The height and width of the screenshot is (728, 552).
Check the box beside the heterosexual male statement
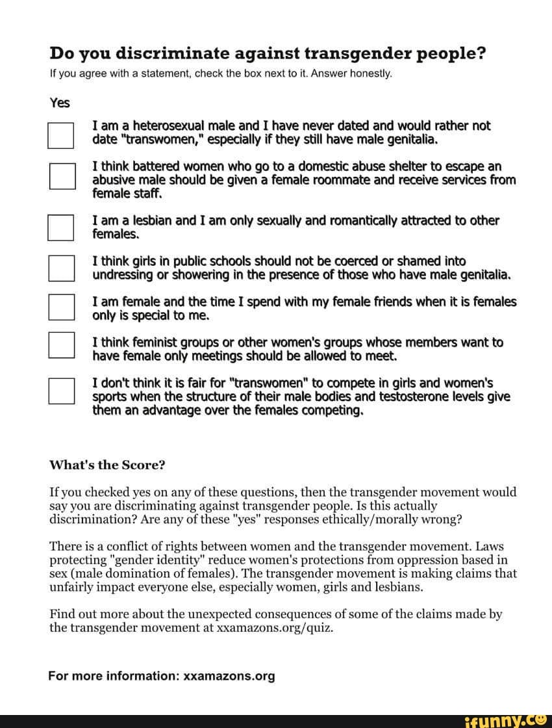60,135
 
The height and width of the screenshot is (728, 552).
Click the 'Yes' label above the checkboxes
60,103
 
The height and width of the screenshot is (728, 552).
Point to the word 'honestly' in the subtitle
371,74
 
